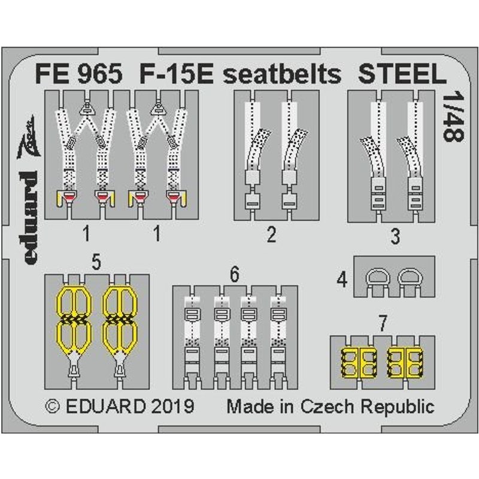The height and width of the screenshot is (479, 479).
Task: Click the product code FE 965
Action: point(79,74)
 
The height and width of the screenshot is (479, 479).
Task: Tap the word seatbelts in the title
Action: point(282,74)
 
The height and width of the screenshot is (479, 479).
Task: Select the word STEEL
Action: point(402,74)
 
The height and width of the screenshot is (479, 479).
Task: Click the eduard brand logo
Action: point(31,189)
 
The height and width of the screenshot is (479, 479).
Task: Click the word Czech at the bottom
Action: point(327,407)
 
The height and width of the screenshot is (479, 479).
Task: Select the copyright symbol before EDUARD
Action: point(53,407)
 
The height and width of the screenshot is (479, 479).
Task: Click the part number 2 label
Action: point(272,235)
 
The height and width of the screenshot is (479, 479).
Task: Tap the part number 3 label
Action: point(395,236)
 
